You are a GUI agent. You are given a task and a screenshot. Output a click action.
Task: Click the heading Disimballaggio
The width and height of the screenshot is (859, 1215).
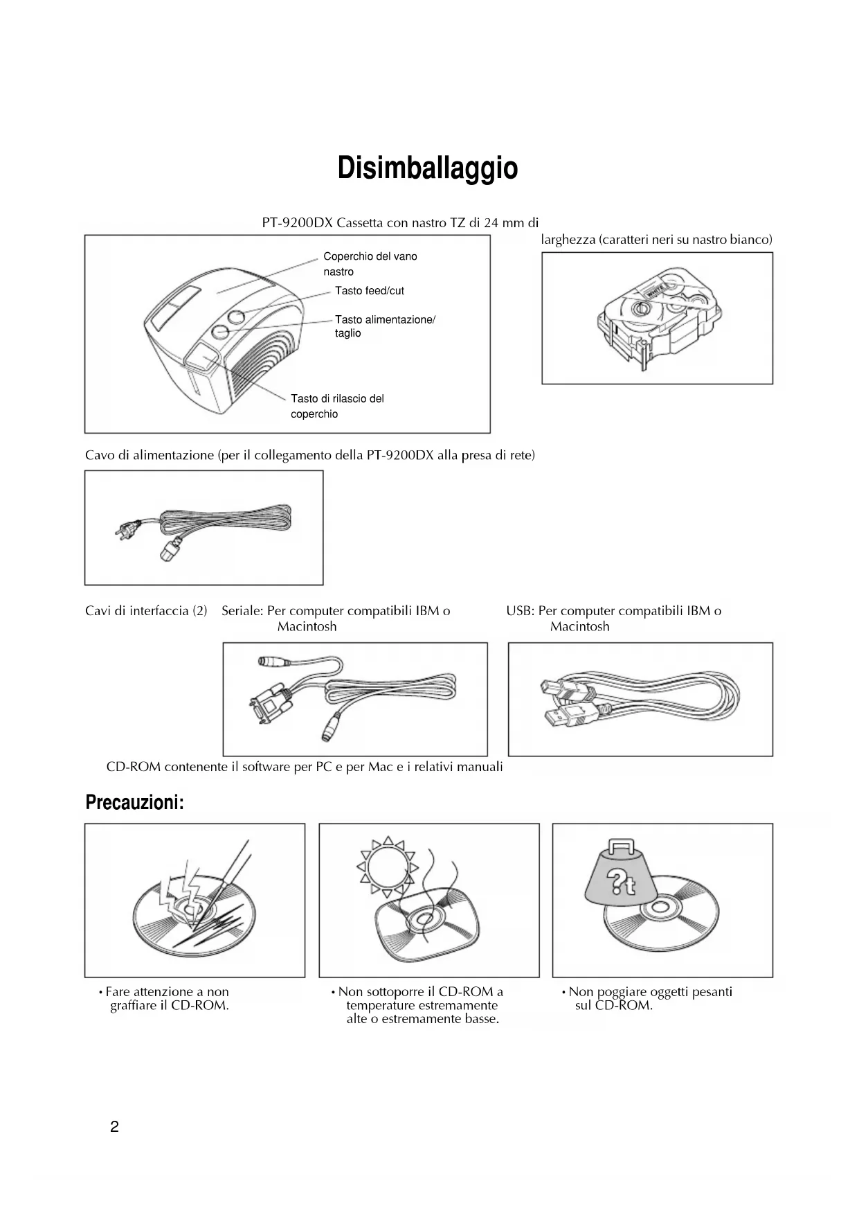[427, 168]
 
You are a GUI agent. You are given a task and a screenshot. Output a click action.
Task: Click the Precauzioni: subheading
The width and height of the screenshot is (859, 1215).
[134, 803]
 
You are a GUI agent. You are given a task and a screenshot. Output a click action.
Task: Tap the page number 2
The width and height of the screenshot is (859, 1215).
[114, 1126]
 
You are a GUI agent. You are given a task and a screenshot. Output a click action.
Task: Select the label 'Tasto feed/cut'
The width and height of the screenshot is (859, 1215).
[369, 291]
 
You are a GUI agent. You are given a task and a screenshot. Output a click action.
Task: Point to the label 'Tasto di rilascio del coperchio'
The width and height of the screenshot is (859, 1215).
[337, 406]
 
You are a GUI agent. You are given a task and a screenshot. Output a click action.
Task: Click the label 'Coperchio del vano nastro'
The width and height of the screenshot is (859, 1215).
[370, 264]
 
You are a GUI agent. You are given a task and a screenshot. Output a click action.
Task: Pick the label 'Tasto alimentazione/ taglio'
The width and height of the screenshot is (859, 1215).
[385, 326]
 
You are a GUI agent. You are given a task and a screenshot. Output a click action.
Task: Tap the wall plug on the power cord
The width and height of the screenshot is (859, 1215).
[128, 531]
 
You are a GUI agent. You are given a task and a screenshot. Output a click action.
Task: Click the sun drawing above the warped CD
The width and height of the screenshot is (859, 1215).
[386, 867]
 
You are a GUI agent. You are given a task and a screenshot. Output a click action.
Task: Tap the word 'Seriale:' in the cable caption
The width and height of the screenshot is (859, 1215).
[242, 611]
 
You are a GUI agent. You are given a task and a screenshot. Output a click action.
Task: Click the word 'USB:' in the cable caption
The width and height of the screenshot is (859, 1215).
[520, 611]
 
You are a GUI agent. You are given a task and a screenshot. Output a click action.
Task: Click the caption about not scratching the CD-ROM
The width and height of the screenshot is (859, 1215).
[166, 999]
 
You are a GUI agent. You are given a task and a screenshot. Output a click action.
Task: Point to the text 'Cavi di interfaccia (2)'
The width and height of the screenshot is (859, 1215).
[146, 611]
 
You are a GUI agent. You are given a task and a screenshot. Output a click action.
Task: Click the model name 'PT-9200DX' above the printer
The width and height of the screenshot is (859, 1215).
[297, 223]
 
